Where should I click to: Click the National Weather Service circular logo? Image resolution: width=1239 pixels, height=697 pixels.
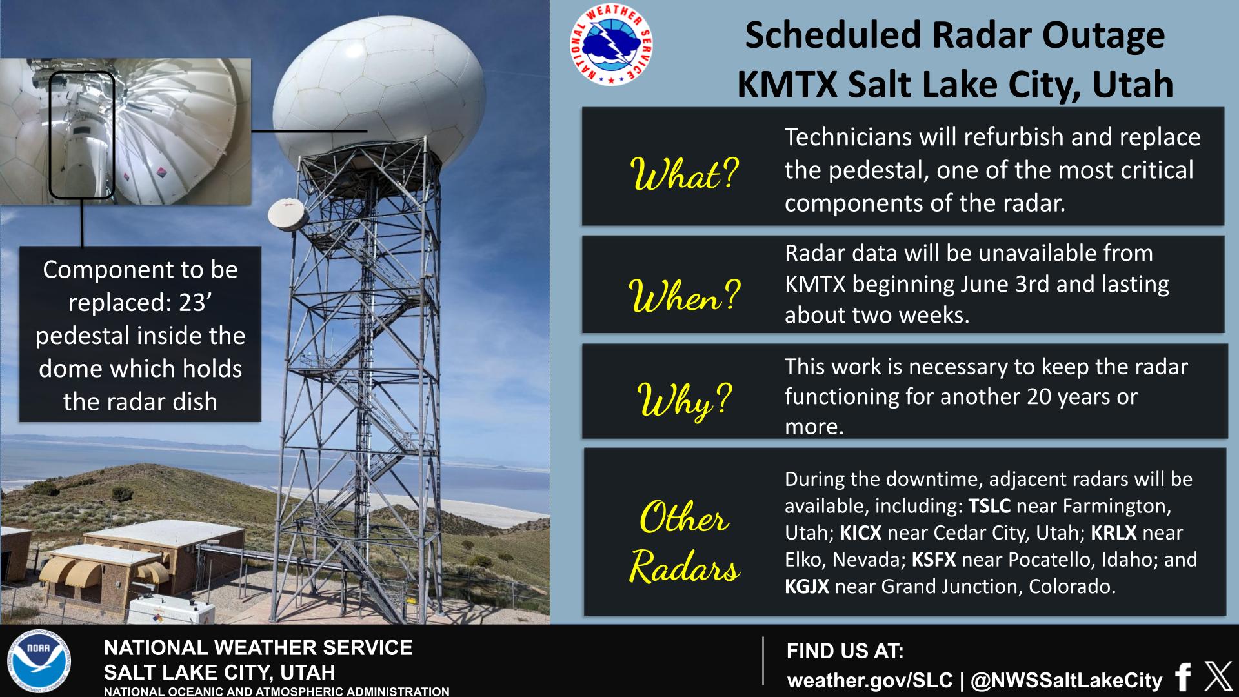(610, 45)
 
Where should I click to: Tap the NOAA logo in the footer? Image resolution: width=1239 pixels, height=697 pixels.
(39, 663)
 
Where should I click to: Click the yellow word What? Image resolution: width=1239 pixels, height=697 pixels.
(684, 174)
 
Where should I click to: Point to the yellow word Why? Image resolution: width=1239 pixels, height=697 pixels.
(685, 400)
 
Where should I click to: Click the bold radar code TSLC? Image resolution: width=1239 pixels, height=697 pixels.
(989, 506)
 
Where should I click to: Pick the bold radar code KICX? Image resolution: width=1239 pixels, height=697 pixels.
(860, 533)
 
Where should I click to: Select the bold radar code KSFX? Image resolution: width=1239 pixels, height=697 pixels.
(934, 560)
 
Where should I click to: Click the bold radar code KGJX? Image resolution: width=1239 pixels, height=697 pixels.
(807, 587)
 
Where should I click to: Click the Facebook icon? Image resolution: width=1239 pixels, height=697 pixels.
(1183, 677)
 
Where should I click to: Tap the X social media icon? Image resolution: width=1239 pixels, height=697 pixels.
(1218, 676)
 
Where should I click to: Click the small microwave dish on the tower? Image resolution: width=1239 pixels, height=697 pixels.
(287, 214)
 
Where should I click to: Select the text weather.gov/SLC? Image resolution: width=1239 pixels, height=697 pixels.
(870, 680)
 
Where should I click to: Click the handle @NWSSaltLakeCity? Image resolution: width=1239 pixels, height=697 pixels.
(1067, 680)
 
